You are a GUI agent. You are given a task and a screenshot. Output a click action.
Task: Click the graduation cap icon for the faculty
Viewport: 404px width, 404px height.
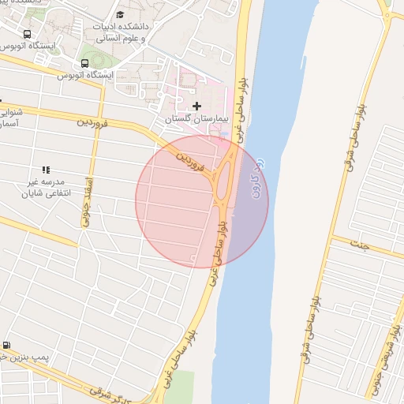click(120, 14)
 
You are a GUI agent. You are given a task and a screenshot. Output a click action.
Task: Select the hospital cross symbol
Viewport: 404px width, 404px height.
click(196, 106)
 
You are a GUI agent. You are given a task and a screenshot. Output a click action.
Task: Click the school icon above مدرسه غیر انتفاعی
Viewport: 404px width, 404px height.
click(46, 170)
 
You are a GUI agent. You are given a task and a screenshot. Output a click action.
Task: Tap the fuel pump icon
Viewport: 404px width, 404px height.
click(7, 345)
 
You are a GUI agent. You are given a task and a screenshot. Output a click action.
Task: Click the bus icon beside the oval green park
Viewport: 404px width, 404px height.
click(84, 63)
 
